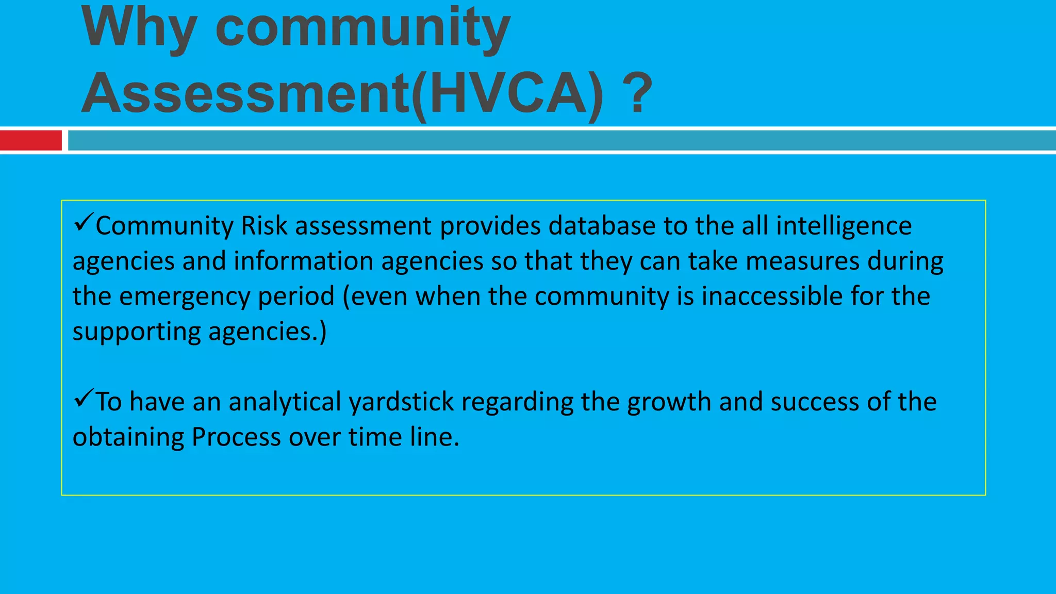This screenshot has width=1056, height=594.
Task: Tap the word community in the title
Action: tap(362, 28)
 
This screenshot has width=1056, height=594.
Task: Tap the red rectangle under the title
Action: tap(31, 140)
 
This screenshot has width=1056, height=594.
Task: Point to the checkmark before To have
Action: tap(83, 398)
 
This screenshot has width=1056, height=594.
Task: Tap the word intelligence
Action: tap(844, 226)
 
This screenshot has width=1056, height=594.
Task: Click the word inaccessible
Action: tap(772, 296)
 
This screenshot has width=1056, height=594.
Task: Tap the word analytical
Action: tap(284, 402)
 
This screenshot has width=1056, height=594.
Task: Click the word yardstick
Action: tap(401, 402)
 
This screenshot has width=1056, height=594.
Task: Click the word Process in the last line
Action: tap(236, 437)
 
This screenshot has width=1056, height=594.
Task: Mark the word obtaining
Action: tap(128, 437)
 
